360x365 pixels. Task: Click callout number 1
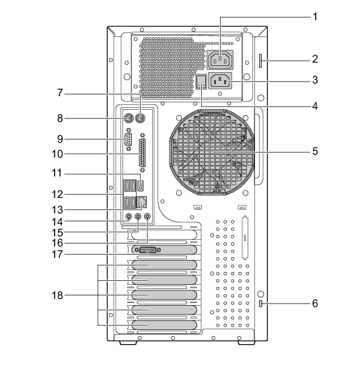point(315,17)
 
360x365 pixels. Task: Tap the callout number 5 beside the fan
point(315,152)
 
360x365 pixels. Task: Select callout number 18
point(57,296)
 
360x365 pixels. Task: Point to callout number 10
point(57,154)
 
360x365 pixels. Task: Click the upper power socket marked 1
point(220,60)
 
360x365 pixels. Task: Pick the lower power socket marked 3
point(220,81)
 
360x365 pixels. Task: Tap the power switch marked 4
point(201,81)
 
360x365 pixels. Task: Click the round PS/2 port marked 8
point(128,119)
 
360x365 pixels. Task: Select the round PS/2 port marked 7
point(140,119)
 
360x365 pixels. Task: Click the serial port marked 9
point(129,139)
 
